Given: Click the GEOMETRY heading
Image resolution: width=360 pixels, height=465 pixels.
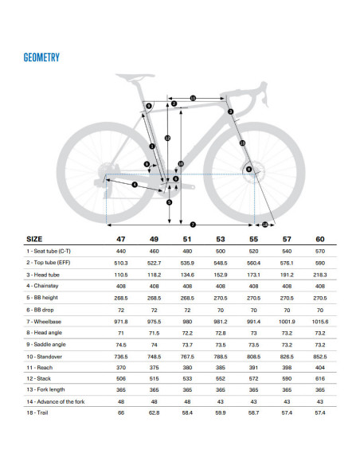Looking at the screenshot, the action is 42,57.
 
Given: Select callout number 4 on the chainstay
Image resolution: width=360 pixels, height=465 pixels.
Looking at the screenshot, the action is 135,185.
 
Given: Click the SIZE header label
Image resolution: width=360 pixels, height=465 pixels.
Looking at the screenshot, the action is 35,238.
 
